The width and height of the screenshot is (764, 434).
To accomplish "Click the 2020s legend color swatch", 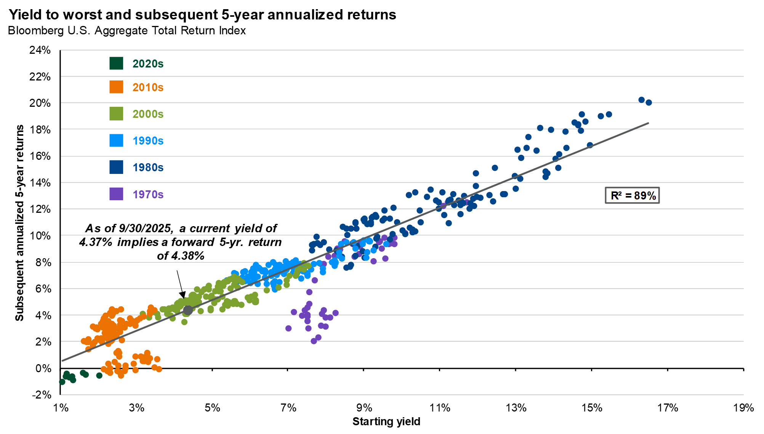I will tap(116, 63).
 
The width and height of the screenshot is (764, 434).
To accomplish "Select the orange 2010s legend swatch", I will tap(116, 87).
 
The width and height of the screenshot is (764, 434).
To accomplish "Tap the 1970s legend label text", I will tap(148, 194).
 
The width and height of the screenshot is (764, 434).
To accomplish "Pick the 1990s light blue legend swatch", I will tap(116, 140).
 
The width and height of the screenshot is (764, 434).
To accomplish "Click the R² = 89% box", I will tap(632, 196).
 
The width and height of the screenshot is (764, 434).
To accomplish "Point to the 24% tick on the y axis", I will tap(40, 50).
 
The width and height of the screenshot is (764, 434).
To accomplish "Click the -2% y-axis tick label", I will tap(42, 395).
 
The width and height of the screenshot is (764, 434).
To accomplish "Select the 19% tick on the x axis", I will tap(743, 408).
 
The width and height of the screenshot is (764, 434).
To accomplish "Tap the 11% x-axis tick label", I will tap(440, 408).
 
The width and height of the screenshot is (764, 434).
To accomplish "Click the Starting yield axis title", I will tap(386, 422).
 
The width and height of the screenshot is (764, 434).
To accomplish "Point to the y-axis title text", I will tap(19, 223).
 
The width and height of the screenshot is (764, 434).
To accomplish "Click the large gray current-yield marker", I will tap(188, 310).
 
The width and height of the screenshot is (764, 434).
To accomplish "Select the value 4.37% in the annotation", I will tap(96, 243).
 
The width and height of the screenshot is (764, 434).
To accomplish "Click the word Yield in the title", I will tap(24, 14).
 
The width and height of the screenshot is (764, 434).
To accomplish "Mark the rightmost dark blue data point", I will tap(649, 103).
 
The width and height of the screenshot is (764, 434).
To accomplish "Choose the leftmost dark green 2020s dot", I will tap(62, 382).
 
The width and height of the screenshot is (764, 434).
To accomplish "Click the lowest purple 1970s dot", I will tap(314, 341).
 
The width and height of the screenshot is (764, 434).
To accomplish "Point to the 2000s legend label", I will tap(148, 114).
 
